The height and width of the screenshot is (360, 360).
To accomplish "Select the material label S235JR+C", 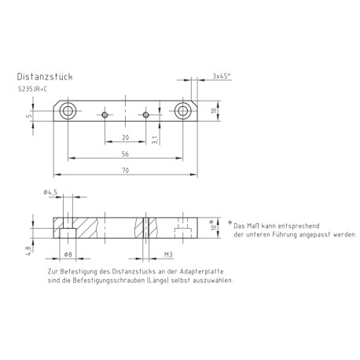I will (x=32, y=90).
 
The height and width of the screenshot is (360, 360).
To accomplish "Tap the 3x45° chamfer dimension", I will (x=222, y=77).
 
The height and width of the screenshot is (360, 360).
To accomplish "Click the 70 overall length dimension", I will (x=126, y=170).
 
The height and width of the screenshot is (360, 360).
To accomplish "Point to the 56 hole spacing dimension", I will (x=126, y=154).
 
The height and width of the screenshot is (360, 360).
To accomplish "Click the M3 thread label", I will (x=167, y=254).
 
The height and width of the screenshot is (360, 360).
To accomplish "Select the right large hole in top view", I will (x=184, y=109).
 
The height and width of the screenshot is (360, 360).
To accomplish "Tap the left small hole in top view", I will (x=105, y=115).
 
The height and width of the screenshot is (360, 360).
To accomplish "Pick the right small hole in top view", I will (x=146, y=115).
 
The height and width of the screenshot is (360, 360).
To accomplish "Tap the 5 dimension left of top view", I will (x=28, y=116).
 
